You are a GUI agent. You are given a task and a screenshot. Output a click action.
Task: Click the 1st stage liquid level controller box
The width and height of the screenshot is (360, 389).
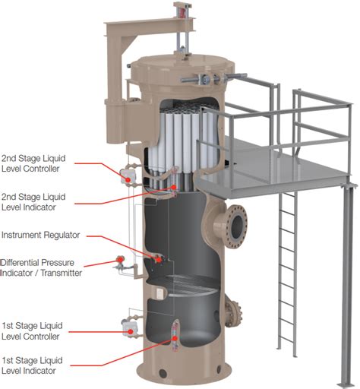pyautogui.click(x=126, y=326)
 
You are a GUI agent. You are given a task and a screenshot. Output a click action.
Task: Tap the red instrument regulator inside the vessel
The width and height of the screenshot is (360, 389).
pyautogui.click(x=158, y=258)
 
